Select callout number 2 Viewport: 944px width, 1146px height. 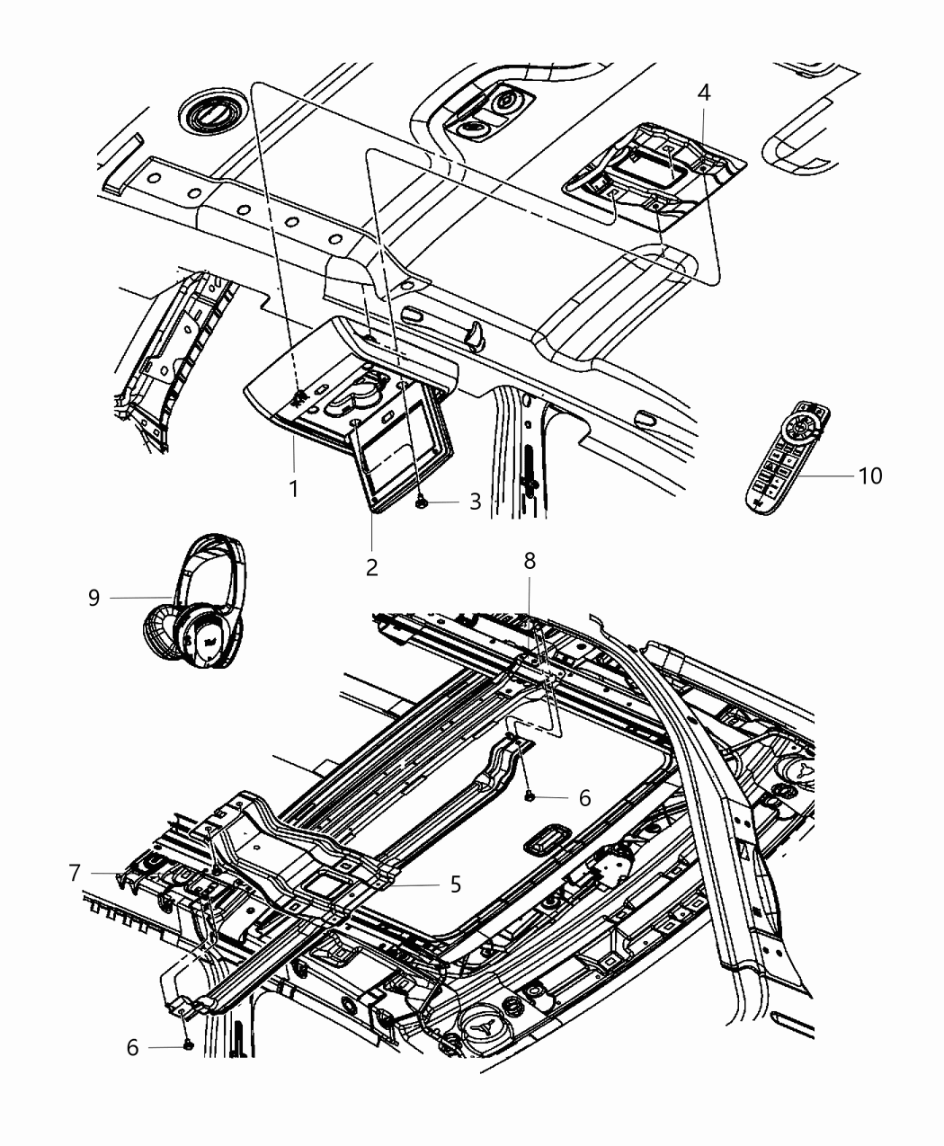[x=371, y=567]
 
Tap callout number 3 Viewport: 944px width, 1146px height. [x=475, y=502]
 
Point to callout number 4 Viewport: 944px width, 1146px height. [x=704, y=93]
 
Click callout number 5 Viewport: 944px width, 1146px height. [x=455, y=884]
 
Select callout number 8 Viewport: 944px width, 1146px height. [x=529, y=561]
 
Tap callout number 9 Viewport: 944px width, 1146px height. [x=94, y=598]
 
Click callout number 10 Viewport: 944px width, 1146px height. [x=870, y=475]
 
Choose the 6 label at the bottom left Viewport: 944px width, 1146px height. [x=132, y=1048]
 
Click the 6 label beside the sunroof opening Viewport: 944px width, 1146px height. [x=584, y=797]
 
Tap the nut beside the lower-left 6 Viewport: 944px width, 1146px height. [x=187, y=1045]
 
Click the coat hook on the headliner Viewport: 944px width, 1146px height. [x=475, y=335]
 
